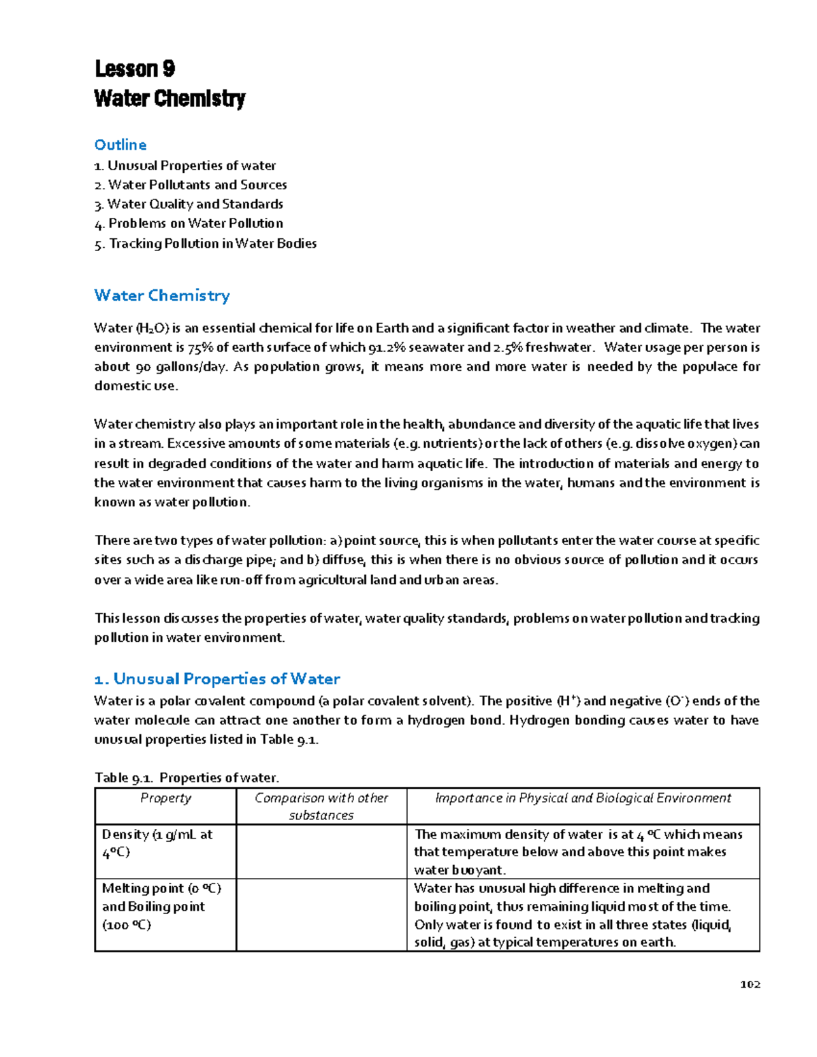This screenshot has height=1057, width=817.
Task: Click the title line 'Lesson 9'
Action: pos(135,69)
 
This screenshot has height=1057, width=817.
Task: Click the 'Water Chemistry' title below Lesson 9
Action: pos(170,99)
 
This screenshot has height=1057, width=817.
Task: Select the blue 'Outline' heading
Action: pos(121,144)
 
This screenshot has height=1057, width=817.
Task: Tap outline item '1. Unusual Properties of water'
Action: pos(185,165)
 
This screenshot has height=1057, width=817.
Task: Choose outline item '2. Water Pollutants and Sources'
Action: pos(191,184)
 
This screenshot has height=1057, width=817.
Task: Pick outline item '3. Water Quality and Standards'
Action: pos(189,204)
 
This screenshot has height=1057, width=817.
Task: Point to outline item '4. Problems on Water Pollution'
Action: pos(189,223)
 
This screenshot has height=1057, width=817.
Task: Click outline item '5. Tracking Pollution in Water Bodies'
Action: pos(206,243)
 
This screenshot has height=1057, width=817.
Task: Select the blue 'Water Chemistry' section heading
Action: pos(162,295)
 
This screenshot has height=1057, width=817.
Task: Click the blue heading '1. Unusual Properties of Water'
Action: pos(217,679)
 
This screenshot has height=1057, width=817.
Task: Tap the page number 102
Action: pos(750,984)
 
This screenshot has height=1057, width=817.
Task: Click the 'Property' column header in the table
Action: pos(165,798)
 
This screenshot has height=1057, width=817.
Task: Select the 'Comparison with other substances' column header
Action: pos(321,807)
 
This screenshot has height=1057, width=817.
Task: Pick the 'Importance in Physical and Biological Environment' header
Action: pos(583,798)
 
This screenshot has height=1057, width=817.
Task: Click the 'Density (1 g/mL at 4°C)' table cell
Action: pos(157,843)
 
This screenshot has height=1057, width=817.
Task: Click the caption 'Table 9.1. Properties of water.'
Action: pos(187,777)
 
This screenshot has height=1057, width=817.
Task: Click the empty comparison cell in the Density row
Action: pos(321,851)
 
